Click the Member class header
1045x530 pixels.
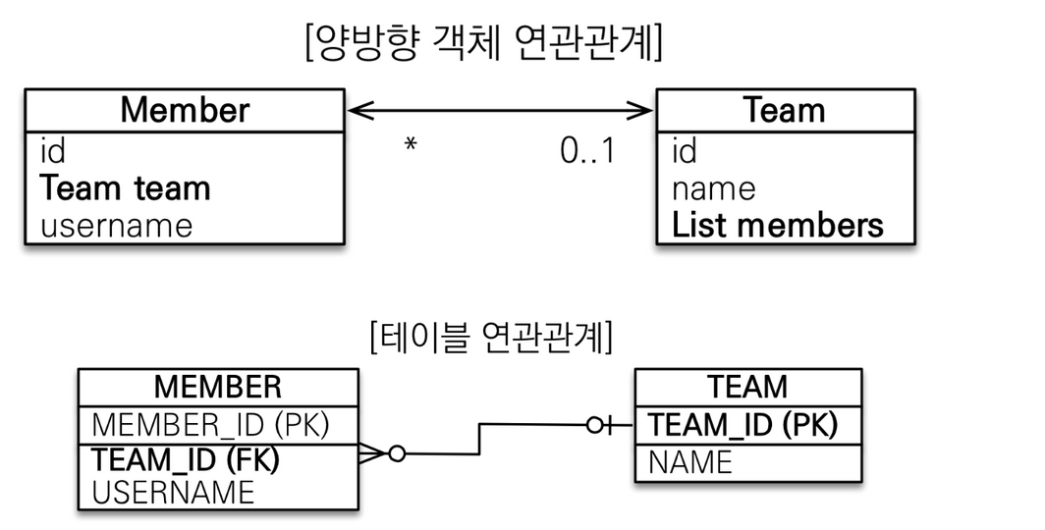point(185,110)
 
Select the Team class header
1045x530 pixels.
point(785,110)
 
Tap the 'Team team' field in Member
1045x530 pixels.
point(126,187)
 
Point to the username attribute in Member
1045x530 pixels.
point(117,226)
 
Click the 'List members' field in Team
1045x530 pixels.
point(777,225)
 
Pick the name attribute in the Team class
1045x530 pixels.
point(713,189)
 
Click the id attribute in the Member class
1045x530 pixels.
point(53,150)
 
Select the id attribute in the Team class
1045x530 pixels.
point(685,150)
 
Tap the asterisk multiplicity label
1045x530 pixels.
point(411,144)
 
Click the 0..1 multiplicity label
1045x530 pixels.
point(587,151)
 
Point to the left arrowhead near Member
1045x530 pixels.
point(360,111)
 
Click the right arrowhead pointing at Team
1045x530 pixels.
point(639,111)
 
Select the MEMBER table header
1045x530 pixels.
point(218,387)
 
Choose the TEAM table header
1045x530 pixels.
point(747,387)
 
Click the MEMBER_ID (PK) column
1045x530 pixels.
point(210,425)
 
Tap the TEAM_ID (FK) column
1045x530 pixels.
point(185,460)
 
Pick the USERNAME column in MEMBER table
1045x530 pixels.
point(173,493)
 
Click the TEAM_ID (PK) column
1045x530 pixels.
point(742,425)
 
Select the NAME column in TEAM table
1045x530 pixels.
point(690,462)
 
